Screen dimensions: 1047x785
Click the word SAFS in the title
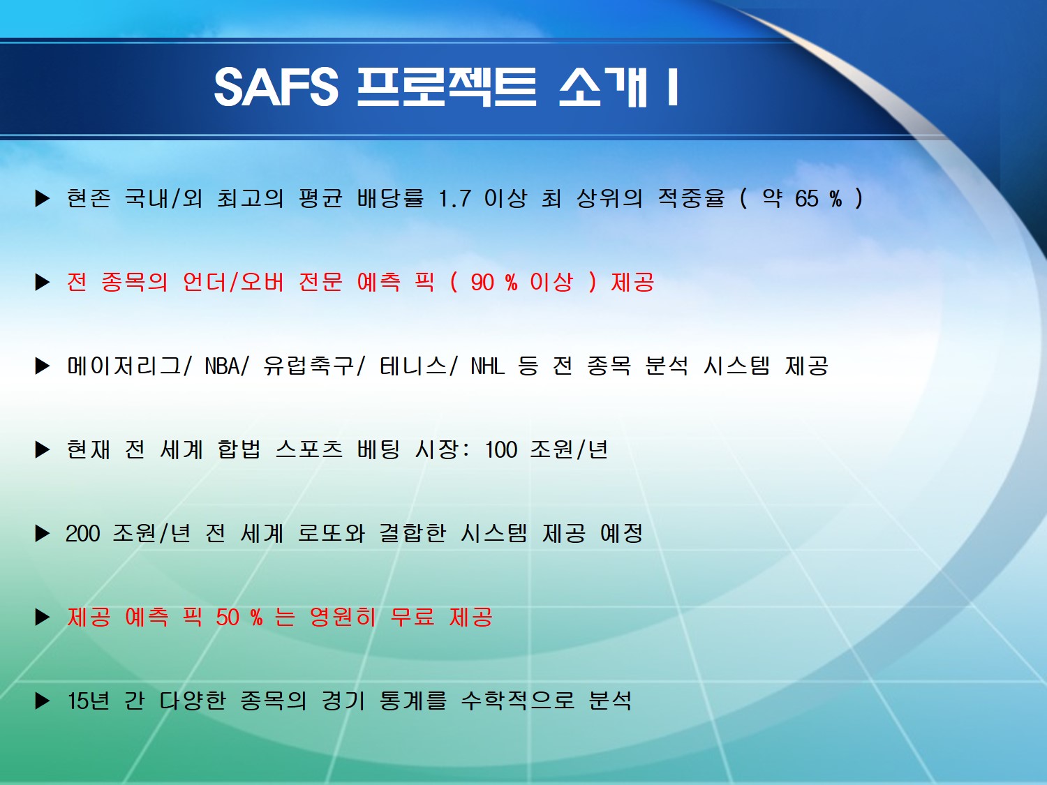276,87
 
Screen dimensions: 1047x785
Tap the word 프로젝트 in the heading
447,87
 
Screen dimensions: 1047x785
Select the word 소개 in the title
603,87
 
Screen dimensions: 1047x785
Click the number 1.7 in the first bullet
454,198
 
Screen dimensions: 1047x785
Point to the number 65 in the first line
807,198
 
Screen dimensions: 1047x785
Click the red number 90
482,282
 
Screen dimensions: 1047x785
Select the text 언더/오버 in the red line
233,282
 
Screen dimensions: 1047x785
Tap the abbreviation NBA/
227,366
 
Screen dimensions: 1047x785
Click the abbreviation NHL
487,366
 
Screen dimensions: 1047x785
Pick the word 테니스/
418,366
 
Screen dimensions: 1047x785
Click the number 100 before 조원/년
501,449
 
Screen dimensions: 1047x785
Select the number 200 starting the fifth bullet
82,533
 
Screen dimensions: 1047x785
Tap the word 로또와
331,533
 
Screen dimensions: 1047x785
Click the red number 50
227,618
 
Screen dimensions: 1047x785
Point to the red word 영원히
343,618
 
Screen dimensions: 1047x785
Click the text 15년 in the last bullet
88,701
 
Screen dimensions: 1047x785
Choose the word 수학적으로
518,701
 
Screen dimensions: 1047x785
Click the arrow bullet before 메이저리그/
43,366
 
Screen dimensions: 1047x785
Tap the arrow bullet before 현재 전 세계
43,449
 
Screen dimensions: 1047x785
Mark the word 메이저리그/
129,366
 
